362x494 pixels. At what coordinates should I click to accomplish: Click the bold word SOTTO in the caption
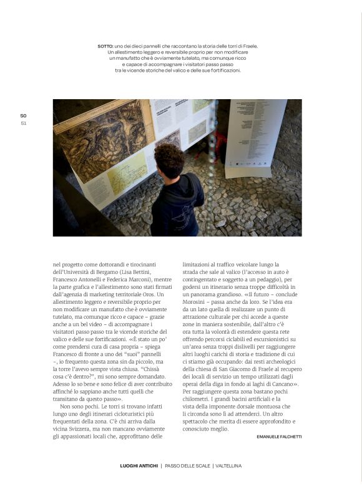pyautogui.click(x=105, y=46)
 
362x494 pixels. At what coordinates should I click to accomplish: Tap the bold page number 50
pyautogui.click(x=24, y=115)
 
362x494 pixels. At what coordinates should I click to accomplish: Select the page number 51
pyautogui.click(x=24, y=122)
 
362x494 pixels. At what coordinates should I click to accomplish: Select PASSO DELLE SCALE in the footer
pyautogui.click(x=187, y=466)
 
